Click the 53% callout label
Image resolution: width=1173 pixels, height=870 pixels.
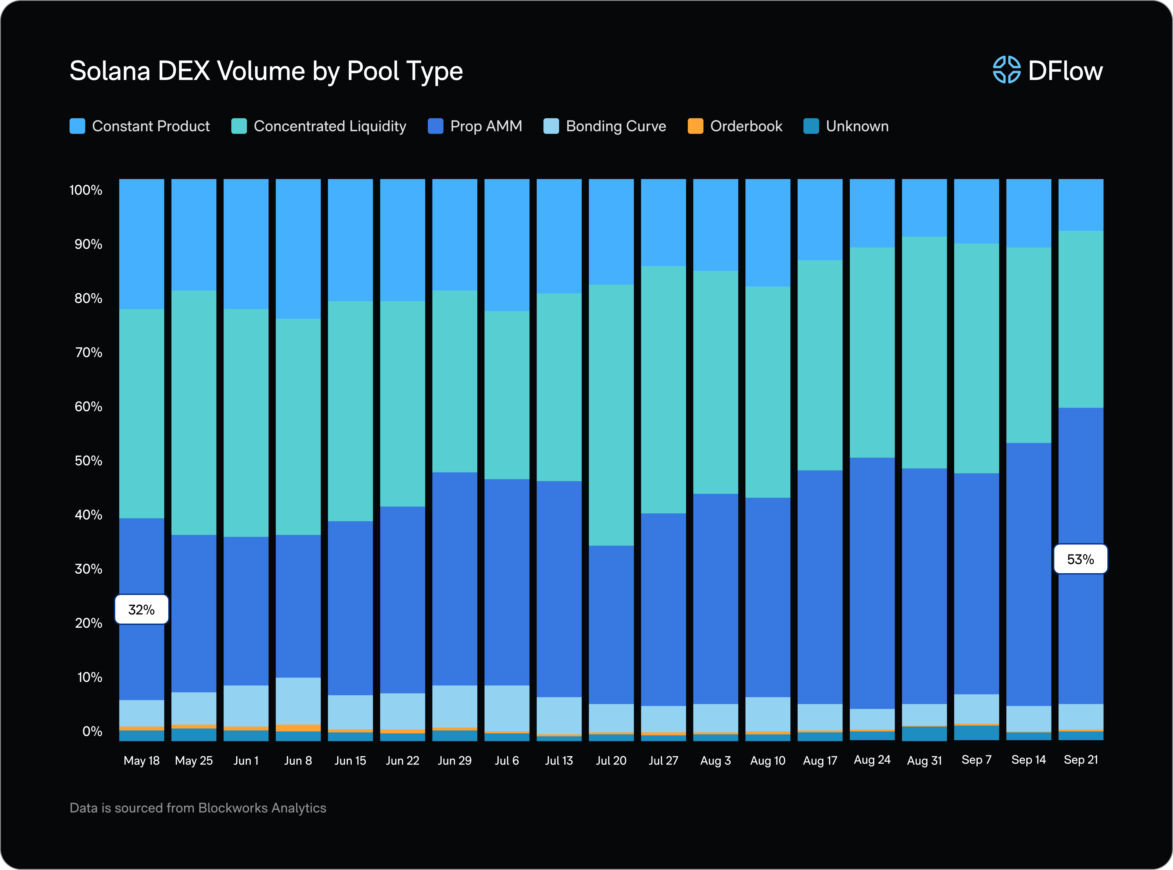click(1080, 559)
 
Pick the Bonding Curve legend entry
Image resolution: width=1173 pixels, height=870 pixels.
click(605, 126)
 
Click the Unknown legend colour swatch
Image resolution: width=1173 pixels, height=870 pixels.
click(811, 126)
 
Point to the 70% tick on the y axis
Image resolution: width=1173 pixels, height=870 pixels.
click(88, 352)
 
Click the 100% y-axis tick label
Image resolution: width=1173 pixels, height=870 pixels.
click(86, 190)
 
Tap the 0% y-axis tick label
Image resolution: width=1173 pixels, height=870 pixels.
click(92, 732)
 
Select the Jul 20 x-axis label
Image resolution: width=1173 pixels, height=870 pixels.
click(611, 760)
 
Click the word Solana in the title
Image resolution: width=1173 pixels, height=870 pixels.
click(110, 71)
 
